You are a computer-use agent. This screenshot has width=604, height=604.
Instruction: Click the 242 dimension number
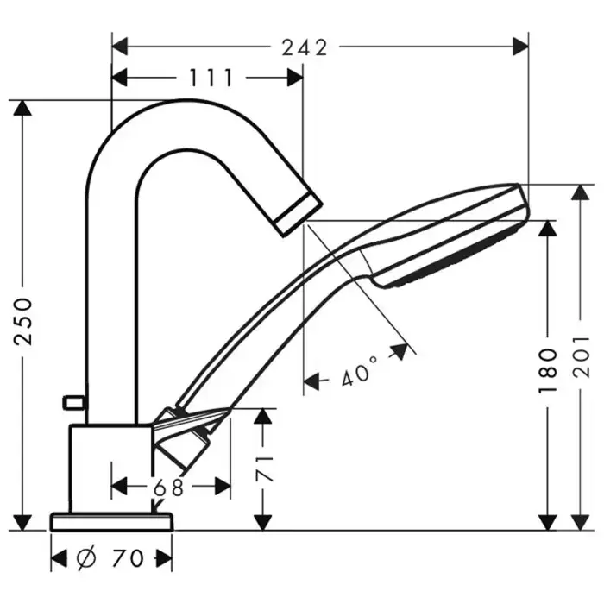[x=305, y=47]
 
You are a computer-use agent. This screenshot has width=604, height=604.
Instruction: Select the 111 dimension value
[x=211, y=79]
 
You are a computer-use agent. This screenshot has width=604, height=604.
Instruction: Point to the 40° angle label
[x=360, y=374]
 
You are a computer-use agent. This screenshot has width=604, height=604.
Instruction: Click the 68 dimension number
[x=169, y=488]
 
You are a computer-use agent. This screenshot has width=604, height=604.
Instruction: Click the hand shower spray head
[x=453, y=237]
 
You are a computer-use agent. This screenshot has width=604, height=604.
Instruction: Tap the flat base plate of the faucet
[x=111, y=521]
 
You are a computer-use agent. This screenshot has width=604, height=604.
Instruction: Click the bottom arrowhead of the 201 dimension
[x=581, y=520]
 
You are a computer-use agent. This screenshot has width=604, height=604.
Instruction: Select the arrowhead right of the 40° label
[x=400, y=350]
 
